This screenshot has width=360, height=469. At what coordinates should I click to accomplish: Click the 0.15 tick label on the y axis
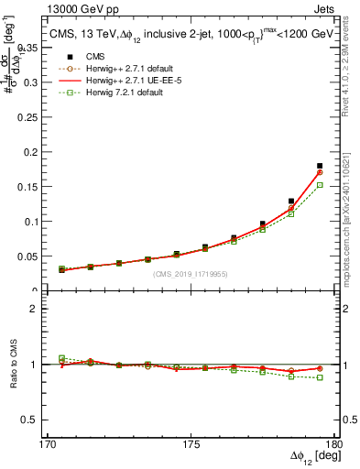(35, 175)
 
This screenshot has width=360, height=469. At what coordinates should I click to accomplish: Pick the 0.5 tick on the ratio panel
(36, 420)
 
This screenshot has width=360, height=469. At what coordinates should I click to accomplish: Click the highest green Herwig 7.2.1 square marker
(320, 185)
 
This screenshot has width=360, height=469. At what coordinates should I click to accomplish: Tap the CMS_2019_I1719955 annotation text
(190, 274)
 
